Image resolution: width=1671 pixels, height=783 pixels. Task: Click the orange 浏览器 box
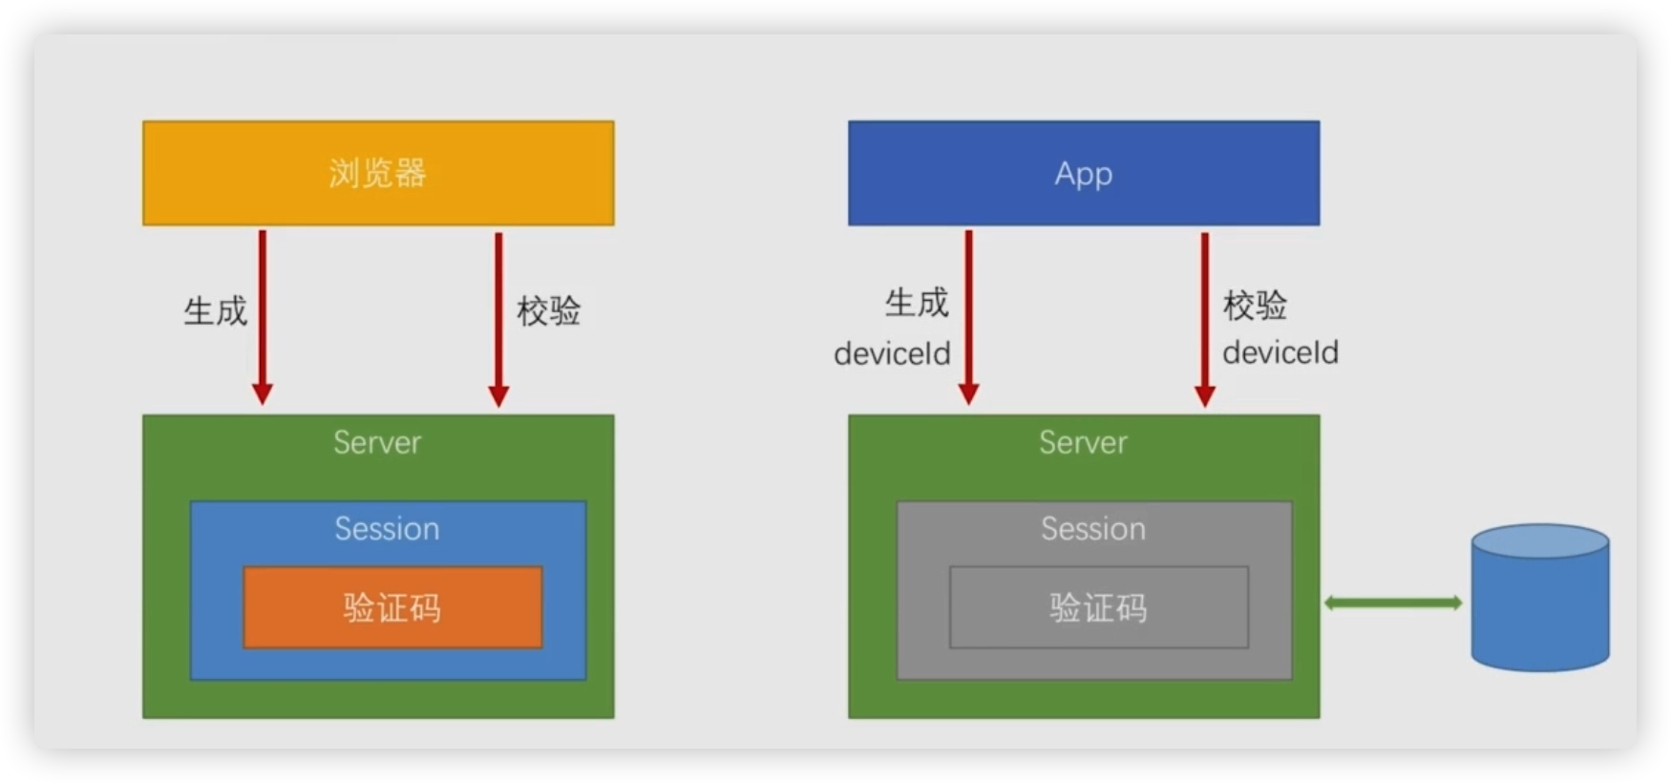coord(378,173)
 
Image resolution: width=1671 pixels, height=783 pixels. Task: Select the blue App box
coord(1084,173)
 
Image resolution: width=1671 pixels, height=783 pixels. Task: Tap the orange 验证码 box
coord(392,607)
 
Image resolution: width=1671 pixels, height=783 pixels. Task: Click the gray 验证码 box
coord(1098,607)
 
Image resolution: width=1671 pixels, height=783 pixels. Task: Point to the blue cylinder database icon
coord(1539,598)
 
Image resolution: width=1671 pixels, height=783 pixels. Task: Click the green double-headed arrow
coord(1392,603)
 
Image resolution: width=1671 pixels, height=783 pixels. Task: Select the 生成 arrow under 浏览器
coord(263,315)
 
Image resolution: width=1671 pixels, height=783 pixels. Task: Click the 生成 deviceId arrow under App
coord(968,315)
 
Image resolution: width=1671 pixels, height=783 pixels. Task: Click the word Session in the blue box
coord(387,529)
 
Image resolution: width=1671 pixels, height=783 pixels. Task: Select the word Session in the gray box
coord(1093,529)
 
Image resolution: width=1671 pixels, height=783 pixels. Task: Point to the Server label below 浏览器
coord(377,442)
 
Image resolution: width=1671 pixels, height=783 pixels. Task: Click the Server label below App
coord(1083,442)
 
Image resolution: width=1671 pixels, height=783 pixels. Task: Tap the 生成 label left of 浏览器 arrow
coord(216,311)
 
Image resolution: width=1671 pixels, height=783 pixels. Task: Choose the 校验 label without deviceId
coord(549,311)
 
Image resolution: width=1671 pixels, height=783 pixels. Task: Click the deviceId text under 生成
coord(892,354)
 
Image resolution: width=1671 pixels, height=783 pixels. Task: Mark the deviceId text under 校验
coord(1280,352)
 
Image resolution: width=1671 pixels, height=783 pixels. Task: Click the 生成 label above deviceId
coord(917,303)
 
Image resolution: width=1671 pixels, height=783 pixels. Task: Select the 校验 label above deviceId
coord(1256,306)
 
